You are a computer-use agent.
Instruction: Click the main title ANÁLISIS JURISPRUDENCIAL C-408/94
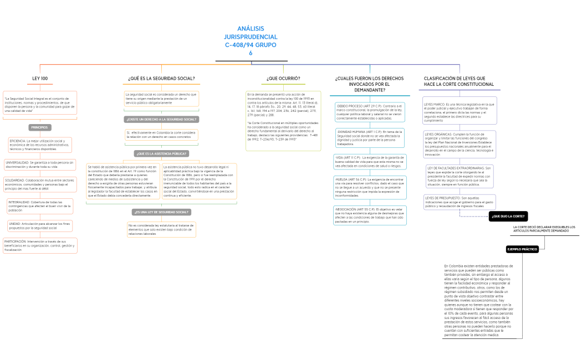pos(251,40)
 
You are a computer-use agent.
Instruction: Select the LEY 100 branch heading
pos(40,79)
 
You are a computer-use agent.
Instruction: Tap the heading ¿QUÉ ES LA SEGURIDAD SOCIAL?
pos(161,79)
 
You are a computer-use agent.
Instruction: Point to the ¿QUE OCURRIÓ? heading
pos(283,79)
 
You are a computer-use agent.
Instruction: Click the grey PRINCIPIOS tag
pos(40,127)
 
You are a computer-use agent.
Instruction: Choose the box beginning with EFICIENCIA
pos(40,145)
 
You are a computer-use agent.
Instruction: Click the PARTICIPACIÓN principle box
pos(40,246)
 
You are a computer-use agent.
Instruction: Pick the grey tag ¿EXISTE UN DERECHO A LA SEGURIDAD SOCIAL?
pos(161,119)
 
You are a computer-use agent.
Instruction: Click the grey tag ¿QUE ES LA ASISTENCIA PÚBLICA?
pos(161,153)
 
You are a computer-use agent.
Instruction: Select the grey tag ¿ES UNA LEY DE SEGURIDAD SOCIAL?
pos(161,212)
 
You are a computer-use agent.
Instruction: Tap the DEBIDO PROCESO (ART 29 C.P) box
pos(371,112)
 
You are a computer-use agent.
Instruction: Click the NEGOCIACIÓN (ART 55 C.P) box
pos(370,215)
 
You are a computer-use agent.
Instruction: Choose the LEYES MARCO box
pos(460,112)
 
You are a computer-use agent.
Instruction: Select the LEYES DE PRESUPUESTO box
pos(460,202)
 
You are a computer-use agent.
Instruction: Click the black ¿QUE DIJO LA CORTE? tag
pos(508,217)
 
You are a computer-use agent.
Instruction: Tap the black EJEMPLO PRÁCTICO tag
pos(523,249)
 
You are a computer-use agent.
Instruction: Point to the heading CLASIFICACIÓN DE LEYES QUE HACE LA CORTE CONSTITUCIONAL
pos(458,81)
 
